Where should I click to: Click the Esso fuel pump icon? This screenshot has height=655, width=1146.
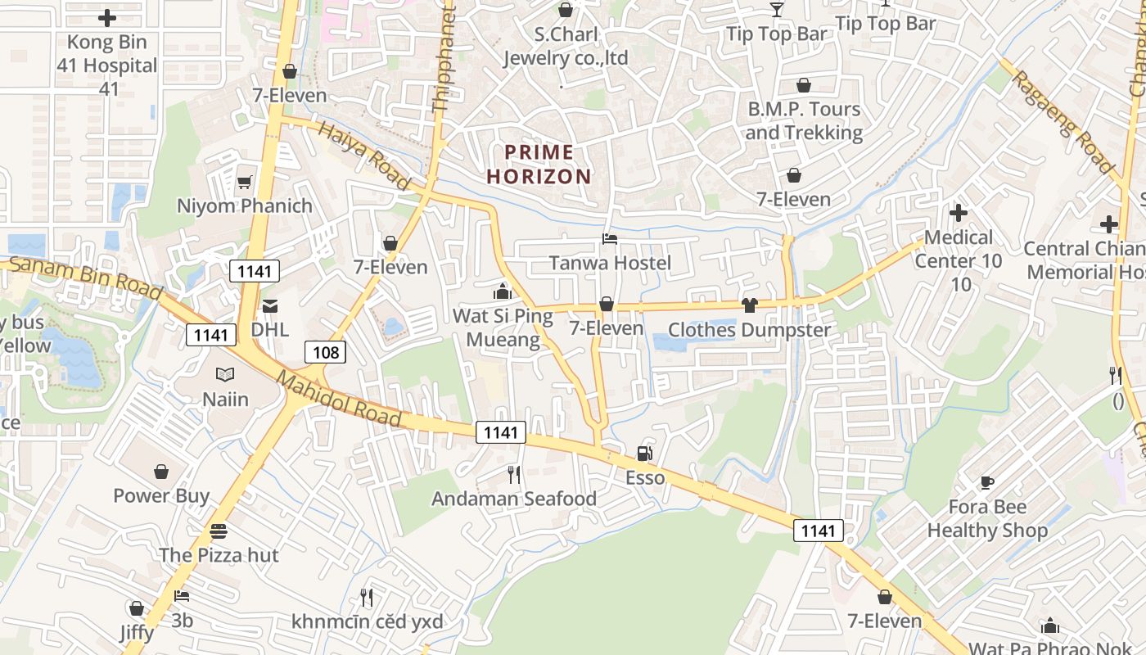(x=645, y=453)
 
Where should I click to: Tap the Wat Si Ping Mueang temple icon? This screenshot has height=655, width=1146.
(x=502, y=291)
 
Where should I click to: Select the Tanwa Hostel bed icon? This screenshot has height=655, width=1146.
(x=609, y=239)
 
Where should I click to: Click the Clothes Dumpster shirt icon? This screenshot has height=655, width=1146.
(x=749, y=305)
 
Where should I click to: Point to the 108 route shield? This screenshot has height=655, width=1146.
(x=325, y=353)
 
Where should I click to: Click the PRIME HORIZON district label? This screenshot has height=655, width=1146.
(x=539, y=164)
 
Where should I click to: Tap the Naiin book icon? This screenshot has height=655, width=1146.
(x=225, y=375)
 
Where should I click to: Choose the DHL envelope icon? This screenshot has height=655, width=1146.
(x=269, y=306)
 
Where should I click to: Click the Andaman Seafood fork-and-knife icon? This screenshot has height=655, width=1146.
(x=514, y=474)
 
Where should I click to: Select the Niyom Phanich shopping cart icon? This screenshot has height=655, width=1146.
(x=244, y=182)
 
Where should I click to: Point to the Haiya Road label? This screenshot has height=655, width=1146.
(x=363, y=155)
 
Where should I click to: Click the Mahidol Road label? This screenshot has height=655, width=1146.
(x=339, y=399)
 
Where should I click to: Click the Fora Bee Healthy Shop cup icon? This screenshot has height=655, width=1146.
(x=987, y=482)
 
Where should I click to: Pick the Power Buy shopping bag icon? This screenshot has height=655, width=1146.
(x=161, y=472)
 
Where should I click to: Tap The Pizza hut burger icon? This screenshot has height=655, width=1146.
(x=218, y=531)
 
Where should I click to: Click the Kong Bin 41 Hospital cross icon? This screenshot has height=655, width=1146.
(x=107, y=17)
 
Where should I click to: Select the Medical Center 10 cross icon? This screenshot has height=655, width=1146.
(x=958, y=213)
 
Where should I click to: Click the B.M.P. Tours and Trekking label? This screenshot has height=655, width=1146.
(x=804, y=120)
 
